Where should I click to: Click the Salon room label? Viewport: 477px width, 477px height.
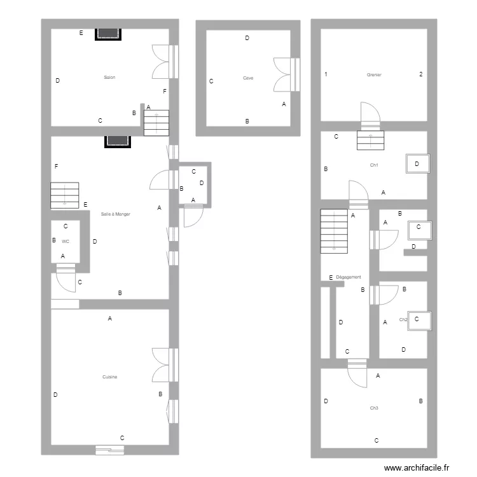109,78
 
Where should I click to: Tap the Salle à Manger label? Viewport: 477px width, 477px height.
116,214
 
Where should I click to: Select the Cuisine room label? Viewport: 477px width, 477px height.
109,377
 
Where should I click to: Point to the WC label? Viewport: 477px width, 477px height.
66,241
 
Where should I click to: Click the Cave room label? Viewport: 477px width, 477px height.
247,78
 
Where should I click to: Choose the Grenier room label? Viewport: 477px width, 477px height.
374,74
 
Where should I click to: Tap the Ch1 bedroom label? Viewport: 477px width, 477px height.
374,165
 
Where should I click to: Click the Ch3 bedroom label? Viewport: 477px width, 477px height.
373,408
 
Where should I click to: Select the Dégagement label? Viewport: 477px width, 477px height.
349,277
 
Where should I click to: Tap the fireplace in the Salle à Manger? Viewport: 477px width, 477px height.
117,141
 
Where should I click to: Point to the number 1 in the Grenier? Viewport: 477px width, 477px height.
326,74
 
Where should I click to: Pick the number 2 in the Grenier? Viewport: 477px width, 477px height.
420,74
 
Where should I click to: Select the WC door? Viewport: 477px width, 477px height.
66,275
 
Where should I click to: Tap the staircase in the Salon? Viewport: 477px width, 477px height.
156,122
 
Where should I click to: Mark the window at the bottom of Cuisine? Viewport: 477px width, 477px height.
109,450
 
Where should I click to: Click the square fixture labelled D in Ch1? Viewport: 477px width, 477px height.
417,164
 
